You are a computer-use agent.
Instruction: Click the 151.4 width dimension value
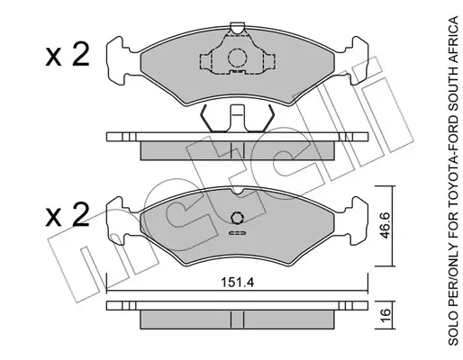click(x=237, y=283)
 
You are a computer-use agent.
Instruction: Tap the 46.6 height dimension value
click(x=385, y=225)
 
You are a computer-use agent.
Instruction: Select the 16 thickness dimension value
click(x=386, y=315)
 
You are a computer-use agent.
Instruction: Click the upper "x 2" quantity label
click(x=68, y=54)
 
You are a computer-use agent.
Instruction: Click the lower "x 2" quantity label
click(x=68, y=214)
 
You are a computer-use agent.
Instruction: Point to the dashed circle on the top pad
click(x=237, y=58)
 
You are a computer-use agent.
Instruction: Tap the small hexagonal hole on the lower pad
click(x=237, y=218)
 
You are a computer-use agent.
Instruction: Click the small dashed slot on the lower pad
click(x=238, y=233)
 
